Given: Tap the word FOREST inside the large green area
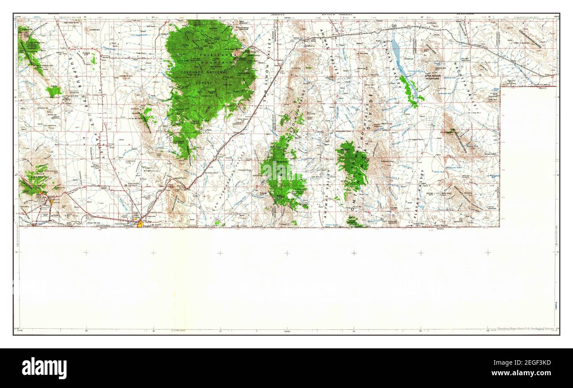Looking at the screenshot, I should tap(205, 82).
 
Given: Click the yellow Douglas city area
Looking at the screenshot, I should tap(140, 224).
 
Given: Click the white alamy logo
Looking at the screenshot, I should tap(44, 368).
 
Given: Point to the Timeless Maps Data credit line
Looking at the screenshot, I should tap(525, 329).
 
